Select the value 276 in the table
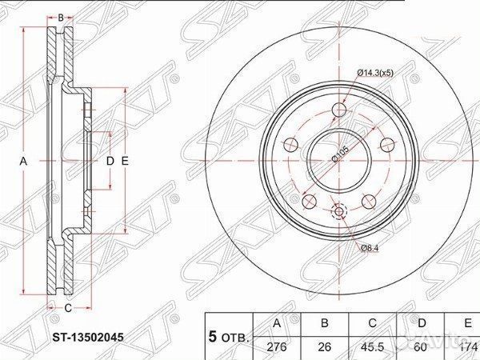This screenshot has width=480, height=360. (x=277, y=346)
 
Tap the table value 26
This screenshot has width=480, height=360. (x=326, y=346)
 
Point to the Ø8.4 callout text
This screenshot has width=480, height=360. (x=369, y=250)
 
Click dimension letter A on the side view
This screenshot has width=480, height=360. (x=23, y=161)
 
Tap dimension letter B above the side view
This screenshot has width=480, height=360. (x=61, y=15)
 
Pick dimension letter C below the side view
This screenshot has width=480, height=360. (x=67, y=307)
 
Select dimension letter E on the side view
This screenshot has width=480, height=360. (x=125, y=161)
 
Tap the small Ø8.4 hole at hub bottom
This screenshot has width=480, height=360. (x=339, y=212)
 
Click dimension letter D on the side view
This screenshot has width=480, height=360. (x=111, y=161)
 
